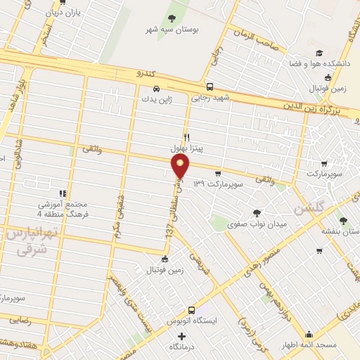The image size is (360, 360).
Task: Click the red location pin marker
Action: click(181, 166)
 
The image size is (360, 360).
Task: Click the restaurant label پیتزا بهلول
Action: click(187, 149)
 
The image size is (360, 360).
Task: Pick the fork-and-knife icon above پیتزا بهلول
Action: click(186, 137)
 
